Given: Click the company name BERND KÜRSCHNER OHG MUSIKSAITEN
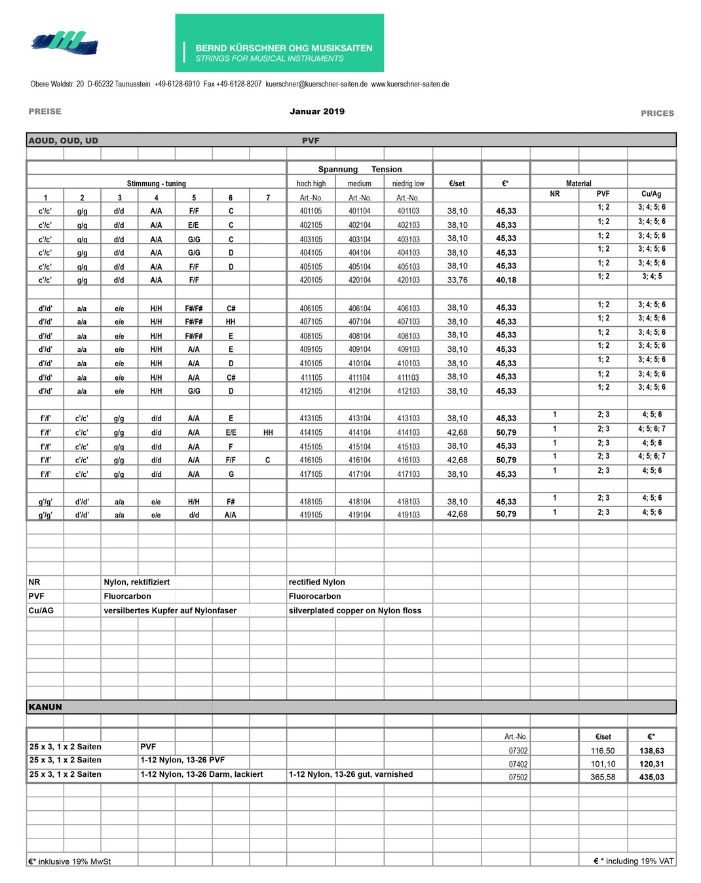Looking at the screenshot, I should click(x=284, y=48).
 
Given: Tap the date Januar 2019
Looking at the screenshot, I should click(x=317, y=111).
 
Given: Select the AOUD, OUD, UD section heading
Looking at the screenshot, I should click(x=64, y=141).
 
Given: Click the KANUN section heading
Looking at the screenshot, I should click(x=45, y=707).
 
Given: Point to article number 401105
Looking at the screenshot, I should click(x=311, y=211).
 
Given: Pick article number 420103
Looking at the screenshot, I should click(x=408, y=280).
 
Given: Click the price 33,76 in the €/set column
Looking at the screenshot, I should click(x=457, y=280).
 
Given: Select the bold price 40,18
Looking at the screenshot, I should click(x=506, y=280).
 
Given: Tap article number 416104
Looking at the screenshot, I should click(x=360, y=460).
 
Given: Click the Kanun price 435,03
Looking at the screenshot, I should click(x=652, y=778).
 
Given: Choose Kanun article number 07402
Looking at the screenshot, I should click(x=518, y=764).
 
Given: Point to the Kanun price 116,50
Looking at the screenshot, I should click(x=603, y=751).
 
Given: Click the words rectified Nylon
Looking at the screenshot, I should click(x=317, y=582).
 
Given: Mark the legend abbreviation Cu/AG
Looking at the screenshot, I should click(x=41, y=611).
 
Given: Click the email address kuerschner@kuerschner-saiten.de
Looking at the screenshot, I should click(x=316, y=84).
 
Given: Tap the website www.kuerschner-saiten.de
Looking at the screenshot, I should click(x=410, y=84).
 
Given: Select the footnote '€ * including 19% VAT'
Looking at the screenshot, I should click(x=634, y=861).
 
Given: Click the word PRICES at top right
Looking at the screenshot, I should click(x=657, y=113).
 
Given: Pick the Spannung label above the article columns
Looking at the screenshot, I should click(x=338, y=169).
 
